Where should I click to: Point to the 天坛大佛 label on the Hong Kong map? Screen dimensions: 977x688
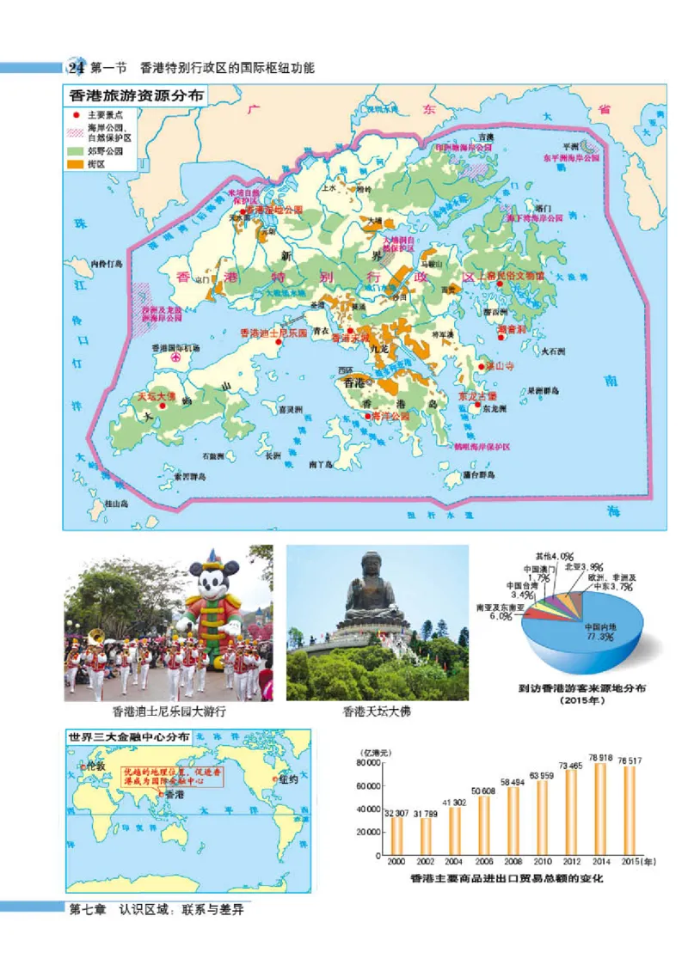pyautogui.click(x=156, y=398)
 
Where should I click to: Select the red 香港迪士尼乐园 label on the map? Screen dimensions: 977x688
pyautogui.click(x=273, y=333)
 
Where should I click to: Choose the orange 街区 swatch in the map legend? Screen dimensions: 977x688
pyautogui.click(x=77, y=162)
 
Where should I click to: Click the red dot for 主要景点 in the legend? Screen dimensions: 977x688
pyautogui.click(x=77, y=114)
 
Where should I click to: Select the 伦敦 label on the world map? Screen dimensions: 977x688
pyautogui.click(x=94, y=765)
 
